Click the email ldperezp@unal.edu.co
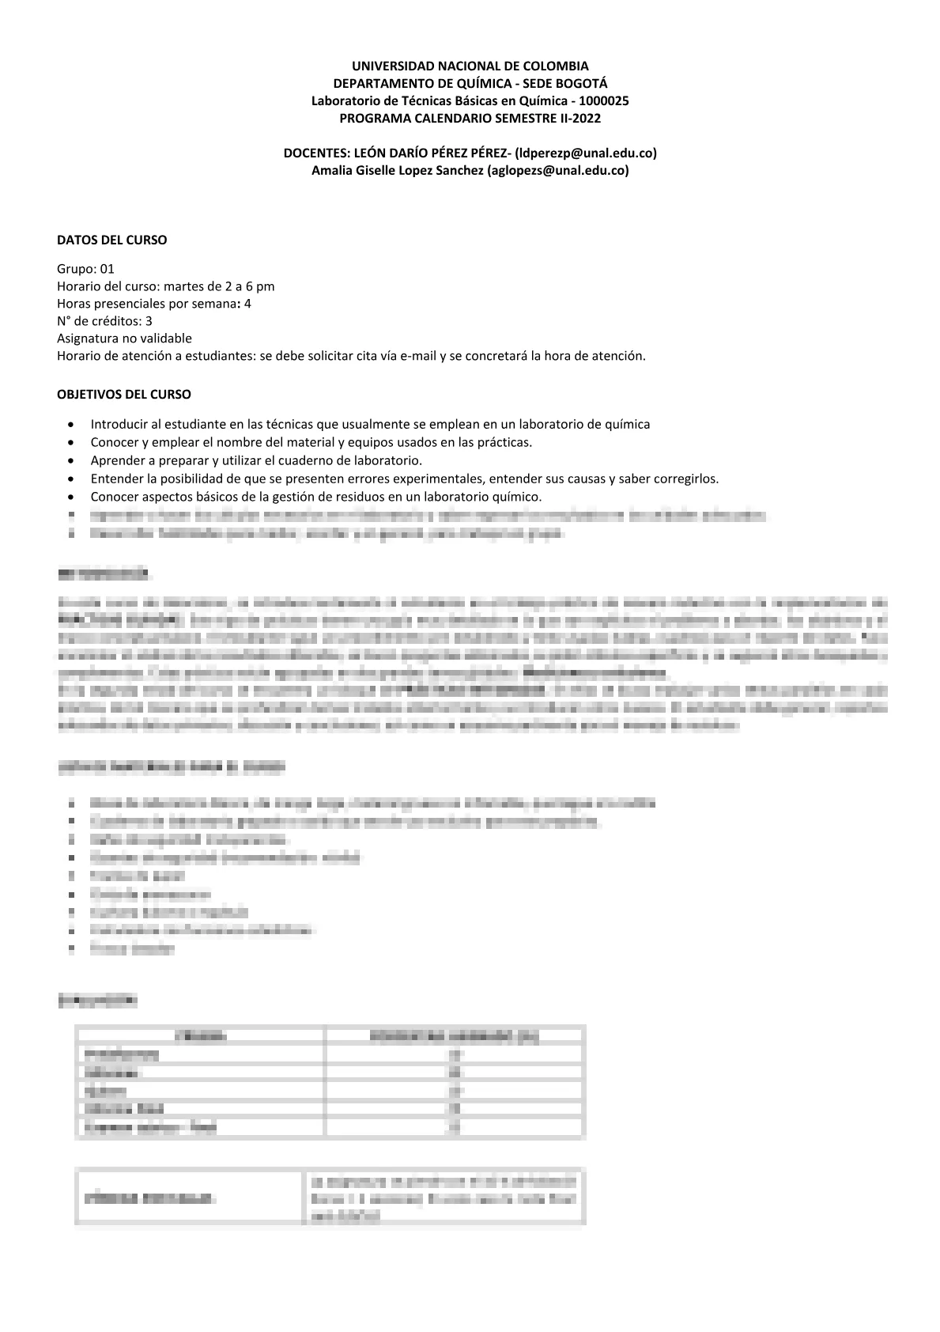585,153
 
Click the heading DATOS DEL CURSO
111,240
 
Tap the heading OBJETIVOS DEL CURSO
123,394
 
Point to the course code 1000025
604,100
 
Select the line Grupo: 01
85,269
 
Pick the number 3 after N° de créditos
149,321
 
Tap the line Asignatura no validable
124,339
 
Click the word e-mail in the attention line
418,356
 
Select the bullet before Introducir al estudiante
74,425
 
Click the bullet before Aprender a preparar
74,461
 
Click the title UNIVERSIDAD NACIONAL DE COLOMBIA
470,66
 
